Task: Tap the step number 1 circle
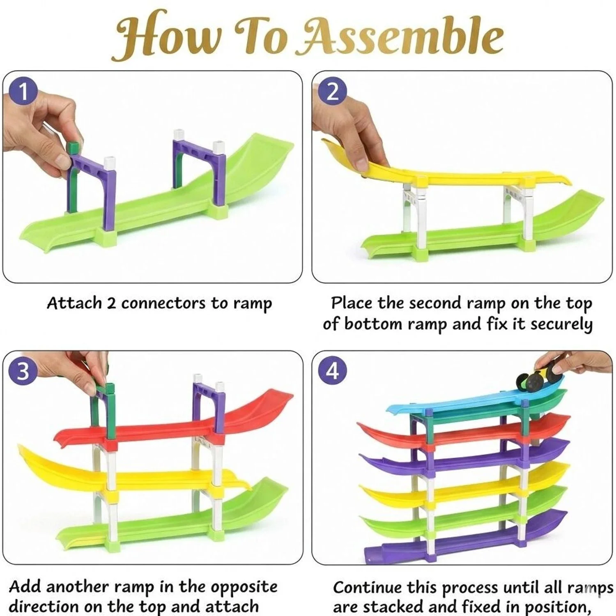23,91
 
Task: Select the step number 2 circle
332,91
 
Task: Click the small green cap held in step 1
73,147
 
